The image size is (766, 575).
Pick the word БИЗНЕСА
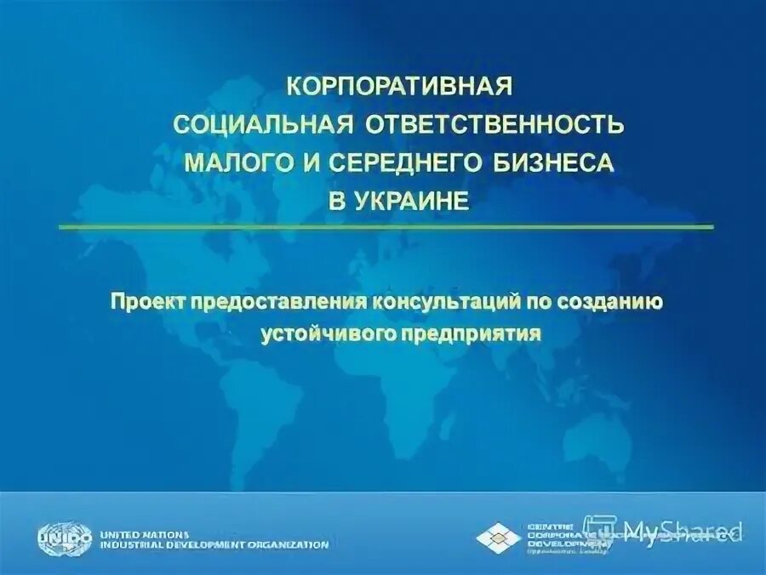click(558, 163)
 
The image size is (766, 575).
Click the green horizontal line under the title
click(386, 227)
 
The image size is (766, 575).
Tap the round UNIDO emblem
click(64, 538)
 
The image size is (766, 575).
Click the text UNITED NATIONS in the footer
click(145, 532)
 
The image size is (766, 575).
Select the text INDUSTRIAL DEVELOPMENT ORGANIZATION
click(213, 544)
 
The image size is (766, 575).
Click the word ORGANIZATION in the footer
click(290, 544)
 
